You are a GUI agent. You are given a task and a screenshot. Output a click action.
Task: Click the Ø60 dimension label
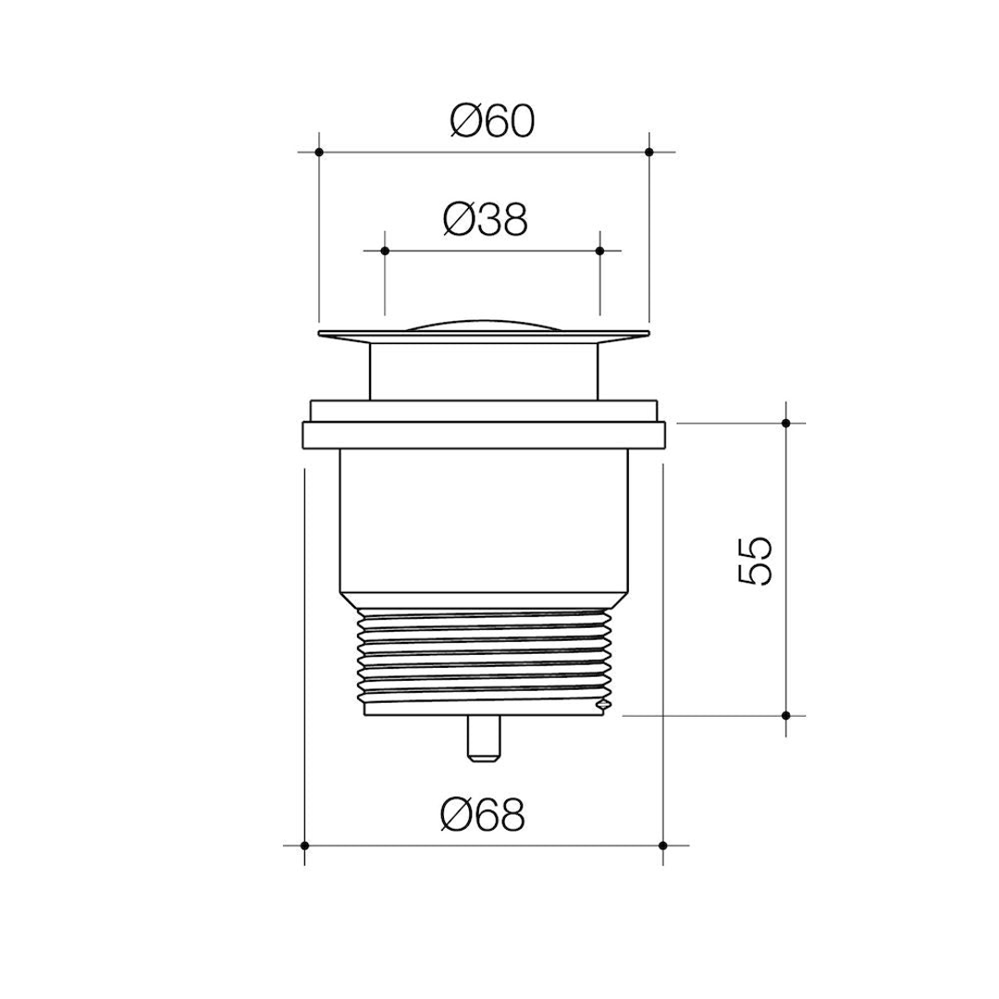coord(493,121)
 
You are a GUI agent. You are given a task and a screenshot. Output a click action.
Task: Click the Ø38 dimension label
coord(485,219)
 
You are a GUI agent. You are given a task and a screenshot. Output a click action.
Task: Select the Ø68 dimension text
coord(483,815)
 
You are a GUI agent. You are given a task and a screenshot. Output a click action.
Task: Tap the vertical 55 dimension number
coord(756,560)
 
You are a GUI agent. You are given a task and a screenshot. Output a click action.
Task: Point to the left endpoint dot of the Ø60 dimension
coord(318,151)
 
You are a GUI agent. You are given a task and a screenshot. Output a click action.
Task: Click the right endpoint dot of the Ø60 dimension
coord(649,151)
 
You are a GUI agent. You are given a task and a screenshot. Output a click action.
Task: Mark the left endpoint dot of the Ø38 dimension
coord(385,250)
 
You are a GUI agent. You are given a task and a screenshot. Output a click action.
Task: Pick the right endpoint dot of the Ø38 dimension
coord(599,250)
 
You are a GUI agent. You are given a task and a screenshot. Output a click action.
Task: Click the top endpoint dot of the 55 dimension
coord(785,423)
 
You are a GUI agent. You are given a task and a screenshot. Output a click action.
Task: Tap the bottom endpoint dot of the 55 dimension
coord(785,715)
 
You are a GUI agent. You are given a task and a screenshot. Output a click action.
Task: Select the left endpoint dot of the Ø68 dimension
coord(304,845)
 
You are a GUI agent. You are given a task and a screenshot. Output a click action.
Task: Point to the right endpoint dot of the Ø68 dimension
coord(663,845)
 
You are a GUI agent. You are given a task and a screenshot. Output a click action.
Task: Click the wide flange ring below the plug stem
coord(484,434)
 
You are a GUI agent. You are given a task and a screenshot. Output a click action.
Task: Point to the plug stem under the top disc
coord(484,370)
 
